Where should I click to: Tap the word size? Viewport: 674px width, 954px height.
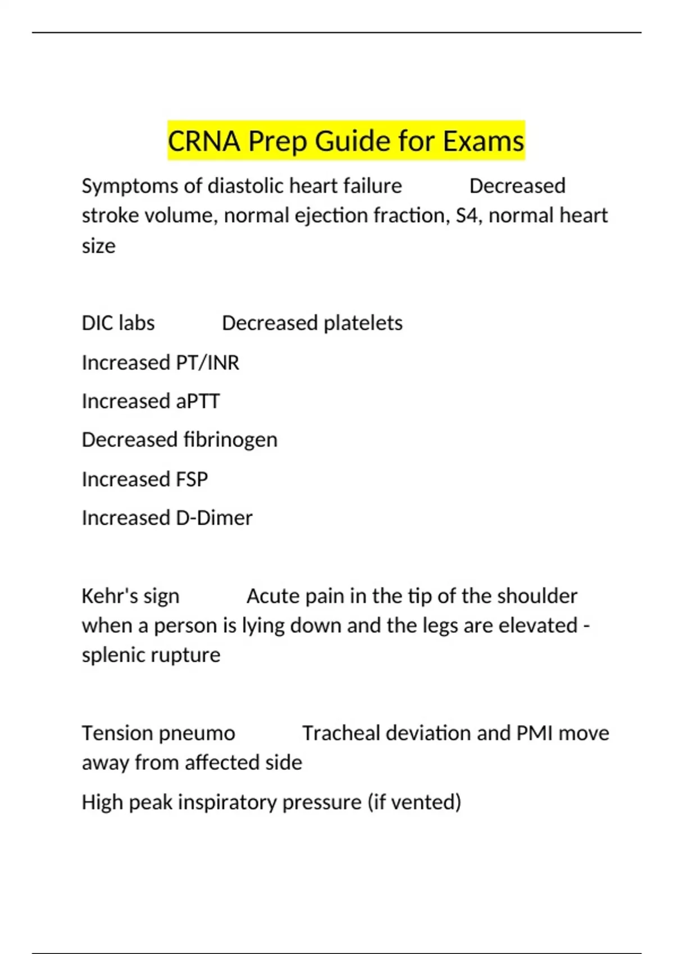pos(98,246)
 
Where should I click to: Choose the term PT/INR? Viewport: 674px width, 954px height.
pos(207,363)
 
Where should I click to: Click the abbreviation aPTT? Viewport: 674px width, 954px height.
pos(197,401)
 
